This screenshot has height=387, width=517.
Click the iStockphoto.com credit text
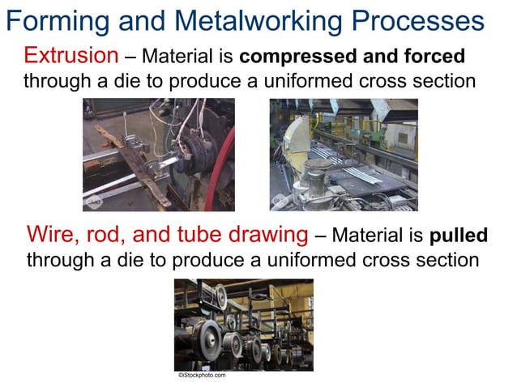(202, 375)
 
